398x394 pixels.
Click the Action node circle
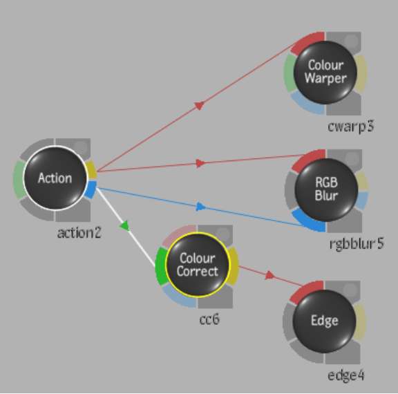(x=55, y=178)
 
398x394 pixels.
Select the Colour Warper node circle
(x=325, y=73)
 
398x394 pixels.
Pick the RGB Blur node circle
(x=326, y=189)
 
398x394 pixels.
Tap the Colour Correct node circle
(x=197, y=265)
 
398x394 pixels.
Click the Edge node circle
(x=324, y=321)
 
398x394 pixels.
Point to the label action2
(x=79, y=233)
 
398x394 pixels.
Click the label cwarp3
(x=351, y=126)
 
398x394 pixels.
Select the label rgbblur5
(x=357, y=244)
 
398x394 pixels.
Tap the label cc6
(x=209, y=319)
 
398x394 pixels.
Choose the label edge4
(x=346, y=375)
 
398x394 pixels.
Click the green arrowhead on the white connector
(x=126, y=226)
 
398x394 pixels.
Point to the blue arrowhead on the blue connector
(x=201, y=207)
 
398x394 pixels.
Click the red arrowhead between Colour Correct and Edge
(x=269, y=275)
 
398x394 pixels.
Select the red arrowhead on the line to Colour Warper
(x=200, y=105)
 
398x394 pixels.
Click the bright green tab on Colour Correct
(x=160, y=266)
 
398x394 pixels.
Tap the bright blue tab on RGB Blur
(x=308, y=223)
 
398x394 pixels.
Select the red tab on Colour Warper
(x=306, y=42)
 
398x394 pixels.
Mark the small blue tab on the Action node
(x=91, y=189)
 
